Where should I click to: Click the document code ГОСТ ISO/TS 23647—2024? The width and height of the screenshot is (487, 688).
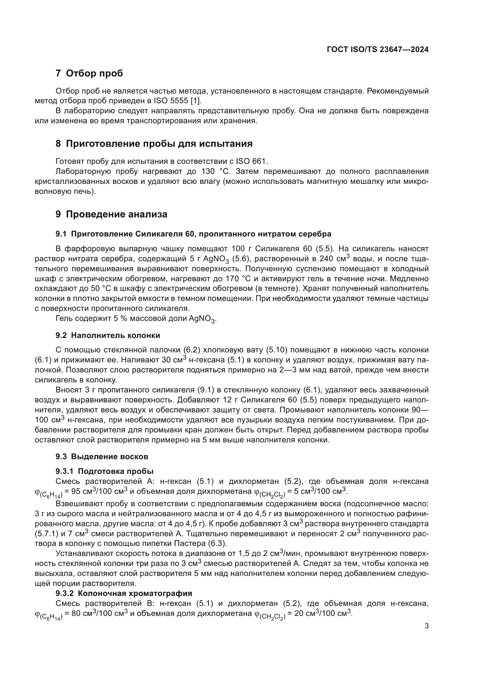[377, 49]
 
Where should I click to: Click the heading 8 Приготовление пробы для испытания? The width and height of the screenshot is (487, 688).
[154, 144]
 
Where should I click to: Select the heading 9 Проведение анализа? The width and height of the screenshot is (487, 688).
[111, 214]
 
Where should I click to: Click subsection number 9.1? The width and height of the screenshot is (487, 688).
[61, 234]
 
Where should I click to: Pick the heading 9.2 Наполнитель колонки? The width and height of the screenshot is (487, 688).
[108, 335]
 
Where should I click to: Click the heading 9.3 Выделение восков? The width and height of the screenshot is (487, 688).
[102, 457]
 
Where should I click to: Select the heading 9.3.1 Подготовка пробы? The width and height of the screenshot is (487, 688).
[104, 471]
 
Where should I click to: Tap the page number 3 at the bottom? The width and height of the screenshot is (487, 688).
[427, 626]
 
